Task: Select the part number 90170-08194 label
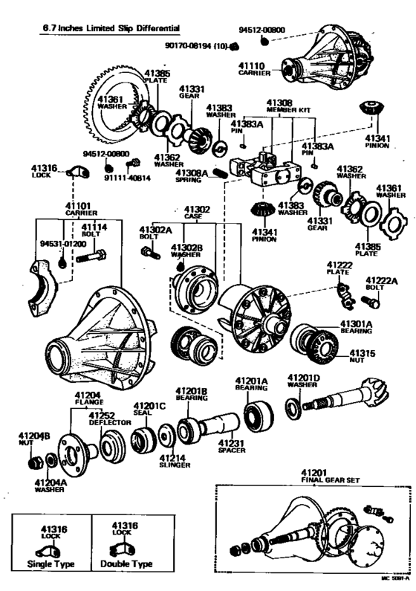(x=195, y=46)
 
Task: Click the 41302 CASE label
(x=197, y=213)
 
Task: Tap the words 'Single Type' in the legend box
(x=51, y=564)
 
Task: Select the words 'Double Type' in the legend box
(x=131, y=564)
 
